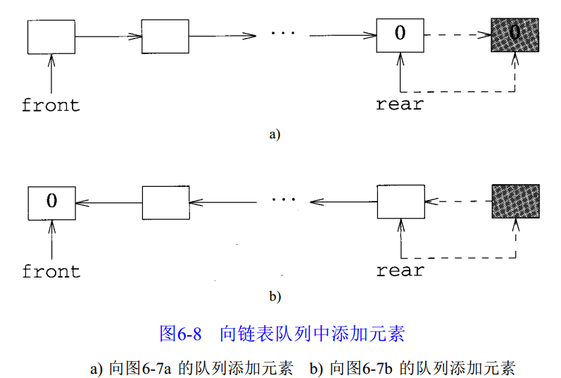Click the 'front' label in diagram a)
point(51,105)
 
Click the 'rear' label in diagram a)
point(400,105)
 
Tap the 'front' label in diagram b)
point(51,271)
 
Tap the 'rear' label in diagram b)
point(400,271)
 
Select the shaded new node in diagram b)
point(515,202)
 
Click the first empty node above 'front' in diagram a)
point(51,37)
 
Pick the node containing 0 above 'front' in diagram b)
point(51,202)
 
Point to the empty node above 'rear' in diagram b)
point(400,202)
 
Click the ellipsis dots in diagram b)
point(284,201)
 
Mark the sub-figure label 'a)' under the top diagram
point(275,134)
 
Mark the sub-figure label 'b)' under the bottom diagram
point(275,296)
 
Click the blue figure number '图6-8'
point(181,333)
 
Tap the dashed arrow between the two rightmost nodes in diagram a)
point(458,34)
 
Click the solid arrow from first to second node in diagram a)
point(108,35)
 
